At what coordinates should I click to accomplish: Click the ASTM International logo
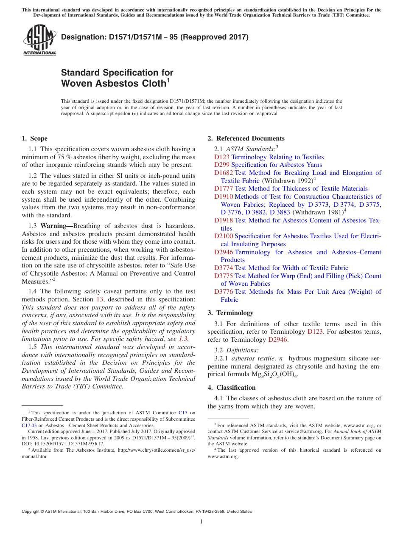click(x=39, y=40)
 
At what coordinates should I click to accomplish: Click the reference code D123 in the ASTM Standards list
click(x=221, y=157)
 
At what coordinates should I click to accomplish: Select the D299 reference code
click(x=221, y=165)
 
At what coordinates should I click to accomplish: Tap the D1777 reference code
click(x=223, y=188)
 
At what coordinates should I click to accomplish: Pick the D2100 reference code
click(x=223, y=236)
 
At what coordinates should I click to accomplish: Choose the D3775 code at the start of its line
click(x=223, y=276)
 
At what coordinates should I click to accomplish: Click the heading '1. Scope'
click(x=34, y=138)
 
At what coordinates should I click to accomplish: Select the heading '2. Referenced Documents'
click(x=246, y=138)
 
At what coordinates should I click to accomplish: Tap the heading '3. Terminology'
click(x=230, y=313)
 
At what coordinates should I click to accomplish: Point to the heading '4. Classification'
click(x=232, y=388)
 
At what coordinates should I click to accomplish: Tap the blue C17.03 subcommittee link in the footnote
click(x=29, y=425)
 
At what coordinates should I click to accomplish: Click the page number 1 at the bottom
click(x=201, y=521)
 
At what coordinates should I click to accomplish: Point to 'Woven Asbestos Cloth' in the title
click(x=113, y=84)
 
